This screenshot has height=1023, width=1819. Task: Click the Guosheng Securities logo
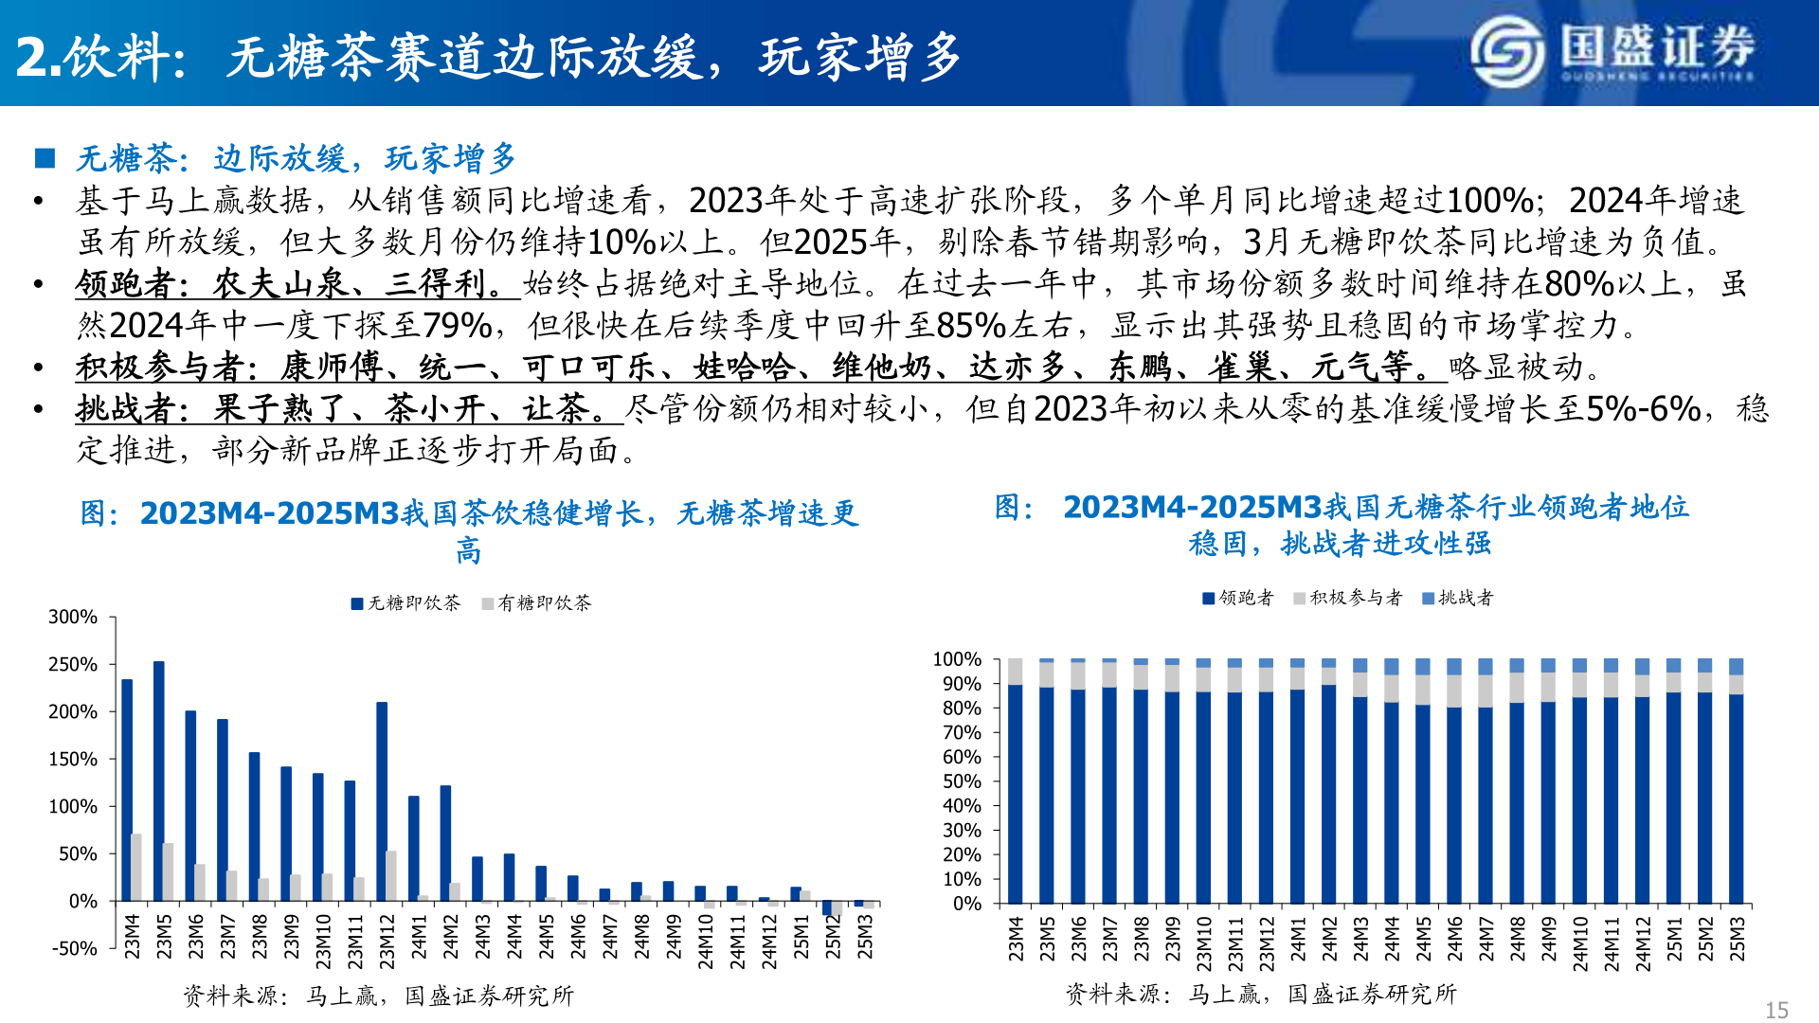point(1612,51)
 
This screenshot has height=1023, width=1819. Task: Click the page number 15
point(1776,1010)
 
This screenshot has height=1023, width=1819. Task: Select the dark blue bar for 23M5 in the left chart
point(159,781)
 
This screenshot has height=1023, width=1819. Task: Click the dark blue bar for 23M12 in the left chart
point(382,800)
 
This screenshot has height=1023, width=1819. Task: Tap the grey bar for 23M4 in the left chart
point(136,867)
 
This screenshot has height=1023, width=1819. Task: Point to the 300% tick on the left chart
point(73,617)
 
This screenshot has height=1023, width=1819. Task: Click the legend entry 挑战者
point(1458,598)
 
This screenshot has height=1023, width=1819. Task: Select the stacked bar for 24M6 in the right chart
point(1454,781)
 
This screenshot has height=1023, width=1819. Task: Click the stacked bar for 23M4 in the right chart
point(1015,781)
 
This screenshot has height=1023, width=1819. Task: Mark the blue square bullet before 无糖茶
point(45,158)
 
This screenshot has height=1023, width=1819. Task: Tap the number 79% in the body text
point(457,325)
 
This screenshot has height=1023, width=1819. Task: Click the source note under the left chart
point(378,996)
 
